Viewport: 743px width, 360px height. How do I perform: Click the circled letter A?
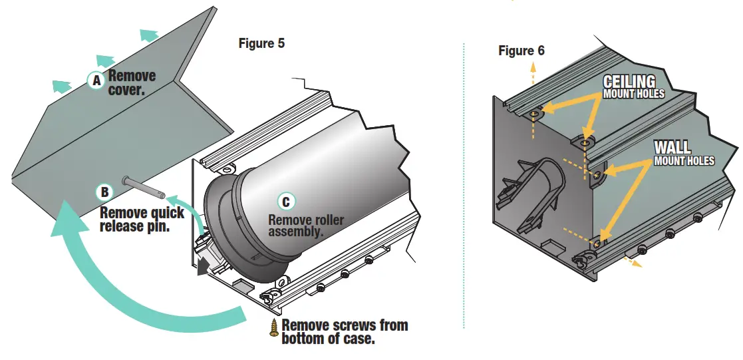pyautogui.click(x=96, y=81)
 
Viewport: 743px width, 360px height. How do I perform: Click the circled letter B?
pyautogui.click(x=104, y=192)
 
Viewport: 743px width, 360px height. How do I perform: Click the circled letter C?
pyautogui.click(x=286, y=202)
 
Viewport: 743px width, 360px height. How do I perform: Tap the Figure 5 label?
pyautogui.click(x=261, y=44)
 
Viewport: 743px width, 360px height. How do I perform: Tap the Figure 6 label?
pyautogui.click(x=521, y=51)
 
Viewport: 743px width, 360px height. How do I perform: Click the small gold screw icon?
pyautogui.click(x=274, y=328)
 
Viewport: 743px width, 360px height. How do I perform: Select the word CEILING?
pyautogui.click(x=629, y=82)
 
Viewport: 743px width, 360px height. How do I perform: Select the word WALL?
pyautogui.click(x=672, y=148)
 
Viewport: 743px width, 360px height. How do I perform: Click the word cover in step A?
pyautogui.click(x=126, y=90)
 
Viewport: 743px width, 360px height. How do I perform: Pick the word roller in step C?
pyautogui.click(x=327, y=220)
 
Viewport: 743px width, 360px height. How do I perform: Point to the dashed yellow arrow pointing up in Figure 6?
pyautogui.click(x=533, y=73)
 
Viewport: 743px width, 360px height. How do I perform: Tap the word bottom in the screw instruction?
pyautogui.click(x=303, y=339)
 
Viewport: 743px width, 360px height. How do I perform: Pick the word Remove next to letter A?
pyautogui.click(x=132, y=76)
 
